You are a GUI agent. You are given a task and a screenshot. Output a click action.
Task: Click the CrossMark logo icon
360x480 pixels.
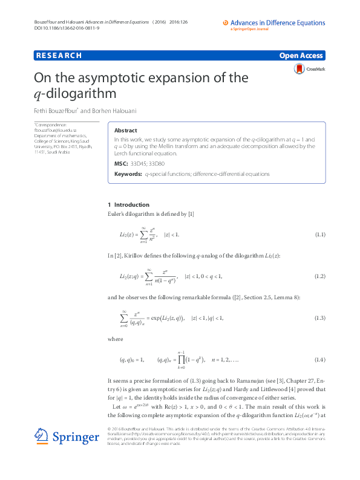(x=299, y=70)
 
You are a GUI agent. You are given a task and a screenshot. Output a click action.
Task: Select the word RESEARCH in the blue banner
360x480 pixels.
(x=59, y=56)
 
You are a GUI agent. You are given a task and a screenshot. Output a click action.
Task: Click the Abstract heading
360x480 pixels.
(x=125, y=130)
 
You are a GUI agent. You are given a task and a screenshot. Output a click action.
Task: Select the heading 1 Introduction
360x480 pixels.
(x=128, y=205)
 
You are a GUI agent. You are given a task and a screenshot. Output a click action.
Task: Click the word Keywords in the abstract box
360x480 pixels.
(x=128, y=174)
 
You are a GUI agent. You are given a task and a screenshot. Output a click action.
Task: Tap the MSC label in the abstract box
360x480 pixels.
(x=120, y=164)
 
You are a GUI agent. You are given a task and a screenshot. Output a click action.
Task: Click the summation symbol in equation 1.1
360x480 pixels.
(x=143, y=234)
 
